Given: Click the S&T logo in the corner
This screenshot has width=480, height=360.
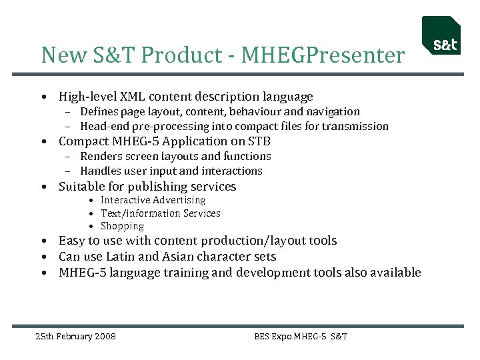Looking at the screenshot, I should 441,35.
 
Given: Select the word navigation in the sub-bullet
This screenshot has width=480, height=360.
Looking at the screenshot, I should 333,112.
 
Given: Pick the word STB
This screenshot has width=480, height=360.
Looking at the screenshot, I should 259,141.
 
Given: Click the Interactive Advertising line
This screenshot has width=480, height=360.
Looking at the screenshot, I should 153,200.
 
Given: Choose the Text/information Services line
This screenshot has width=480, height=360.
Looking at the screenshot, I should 160,213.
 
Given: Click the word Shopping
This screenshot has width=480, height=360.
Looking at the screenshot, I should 122,226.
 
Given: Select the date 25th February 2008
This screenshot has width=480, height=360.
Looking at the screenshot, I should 75,336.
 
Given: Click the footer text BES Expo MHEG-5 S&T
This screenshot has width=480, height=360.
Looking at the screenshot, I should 301,336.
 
